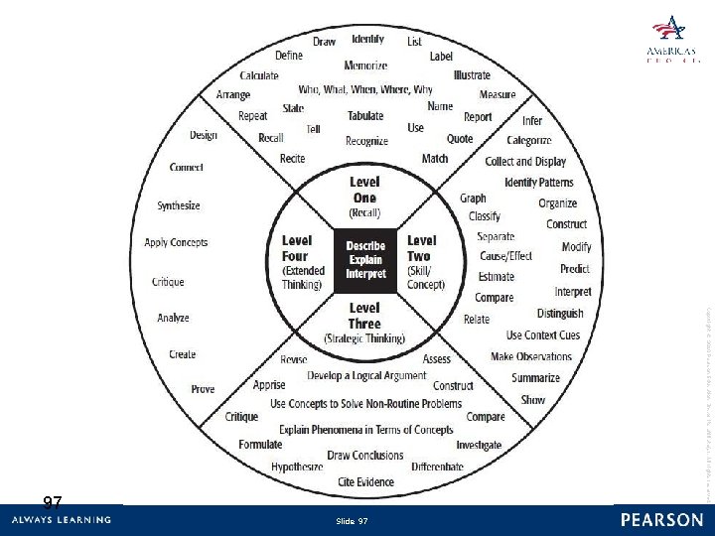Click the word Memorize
pos(365,66)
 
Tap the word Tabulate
pos(365,116)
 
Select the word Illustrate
pos(472,75)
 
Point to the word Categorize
pos(528,141)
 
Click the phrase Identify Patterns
pos(539,183)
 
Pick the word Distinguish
pos(560,314)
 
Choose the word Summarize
pos(535,378)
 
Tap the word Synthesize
pos(178,206)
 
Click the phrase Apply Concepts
pos(176,242)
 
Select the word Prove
pos(203,389)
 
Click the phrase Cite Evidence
pos(365,482)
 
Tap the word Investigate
pos(479,446)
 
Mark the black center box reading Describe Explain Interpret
pos(365,260)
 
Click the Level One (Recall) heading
pos(364,197)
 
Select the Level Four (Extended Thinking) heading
pos(302,262)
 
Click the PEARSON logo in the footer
pos(661,520)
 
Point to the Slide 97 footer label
pos(352,521)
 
